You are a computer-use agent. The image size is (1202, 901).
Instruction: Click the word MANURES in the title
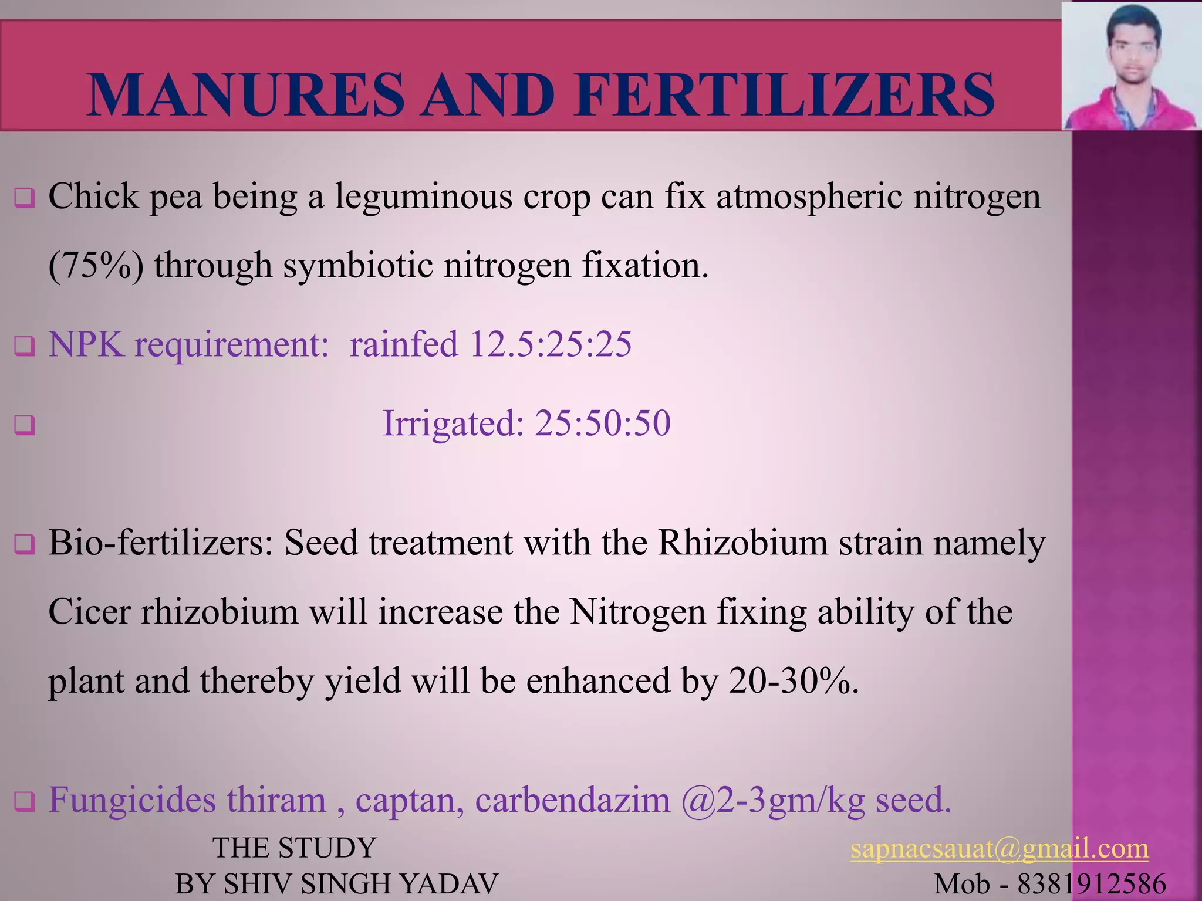coord(245,95)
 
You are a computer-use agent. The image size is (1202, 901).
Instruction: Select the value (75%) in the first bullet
coord(96,266)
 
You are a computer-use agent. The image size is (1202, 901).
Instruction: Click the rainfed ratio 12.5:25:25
coord(551,344)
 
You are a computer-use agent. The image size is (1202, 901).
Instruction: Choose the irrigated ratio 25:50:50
coord(602,423)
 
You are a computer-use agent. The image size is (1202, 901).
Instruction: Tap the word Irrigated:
coord(453,423)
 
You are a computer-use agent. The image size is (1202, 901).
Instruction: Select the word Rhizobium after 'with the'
coord(742,543)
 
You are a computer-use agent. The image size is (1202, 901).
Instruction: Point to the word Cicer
coord(89,612)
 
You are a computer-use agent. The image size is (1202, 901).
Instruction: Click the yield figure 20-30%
coord(794,681)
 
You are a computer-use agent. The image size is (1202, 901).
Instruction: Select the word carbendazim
coord(572,800)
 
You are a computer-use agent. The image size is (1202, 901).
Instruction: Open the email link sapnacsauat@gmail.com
coord(999,849)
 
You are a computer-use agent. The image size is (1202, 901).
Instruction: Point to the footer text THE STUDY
coord(294,848)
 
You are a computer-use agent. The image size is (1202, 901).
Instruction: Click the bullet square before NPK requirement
coord(25,346)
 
